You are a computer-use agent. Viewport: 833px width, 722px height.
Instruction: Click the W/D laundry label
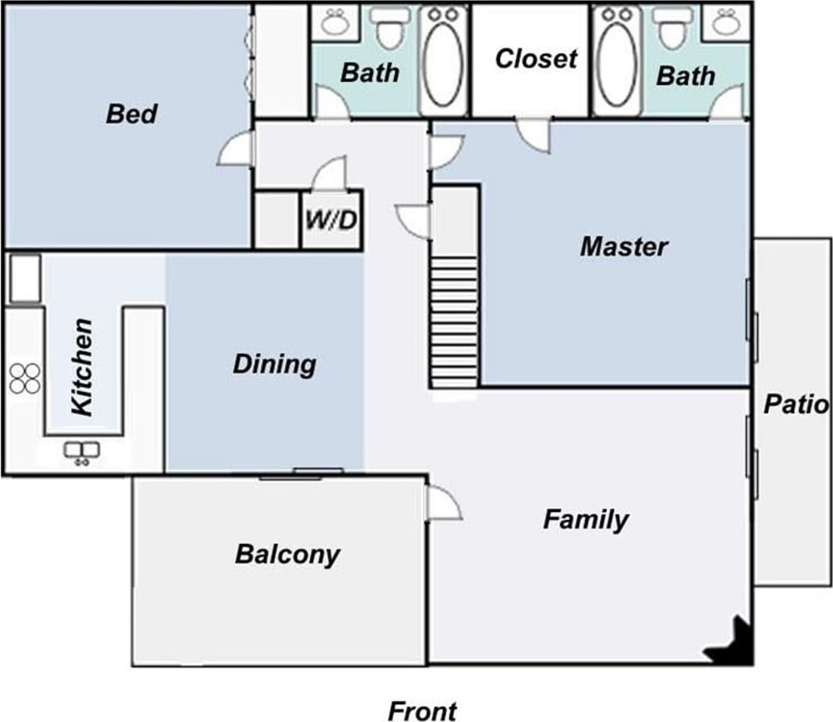point(332,220)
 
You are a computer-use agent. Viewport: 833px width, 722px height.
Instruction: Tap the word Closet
point(535,59)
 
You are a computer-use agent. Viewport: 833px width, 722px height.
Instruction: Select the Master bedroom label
point(624,246)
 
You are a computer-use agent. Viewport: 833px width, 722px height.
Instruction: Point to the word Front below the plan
point(423,711)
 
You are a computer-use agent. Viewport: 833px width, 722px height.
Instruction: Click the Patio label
point(796,405)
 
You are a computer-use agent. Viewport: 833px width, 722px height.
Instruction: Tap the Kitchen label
point(82,367)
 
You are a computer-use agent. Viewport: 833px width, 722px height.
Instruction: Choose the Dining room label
point(274,365)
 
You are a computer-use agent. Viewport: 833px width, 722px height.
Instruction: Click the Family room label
point(586,519)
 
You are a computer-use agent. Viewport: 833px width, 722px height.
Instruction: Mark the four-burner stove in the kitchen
point(25,378)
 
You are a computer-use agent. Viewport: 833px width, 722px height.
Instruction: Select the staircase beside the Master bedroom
point(455,321)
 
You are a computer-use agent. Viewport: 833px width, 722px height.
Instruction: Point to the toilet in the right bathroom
point(672,29)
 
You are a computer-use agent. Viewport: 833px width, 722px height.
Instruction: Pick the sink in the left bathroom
point(336,23)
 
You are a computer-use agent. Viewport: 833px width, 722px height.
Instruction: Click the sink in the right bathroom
point(724,23)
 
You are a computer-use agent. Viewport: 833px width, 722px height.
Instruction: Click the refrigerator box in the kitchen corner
point(26,278)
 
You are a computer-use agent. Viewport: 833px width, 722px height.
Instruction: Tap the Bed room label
point(132,113)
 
